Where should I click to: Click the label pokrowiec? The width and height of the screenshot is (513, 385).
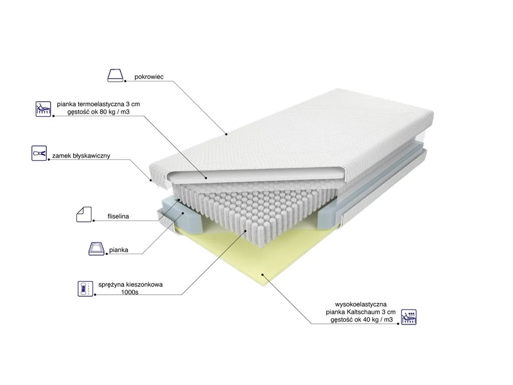[149, 78]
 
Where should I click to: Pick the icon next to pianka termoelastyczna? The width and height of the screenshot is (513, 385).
[44, 109]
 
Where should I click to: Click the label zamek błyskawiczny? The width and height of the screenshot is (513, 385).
[81, 156]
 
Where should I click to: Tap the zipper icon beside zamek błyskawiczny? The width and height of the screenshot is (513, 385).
[39, 153]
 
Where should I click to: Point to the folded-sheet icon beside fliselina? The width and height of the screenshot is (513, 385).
[83, 214]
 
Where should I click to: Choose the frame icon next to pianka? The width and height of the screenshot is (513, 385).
[97, 248]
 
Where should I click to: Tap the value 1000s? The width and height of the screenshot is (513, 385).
[129, 292]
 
